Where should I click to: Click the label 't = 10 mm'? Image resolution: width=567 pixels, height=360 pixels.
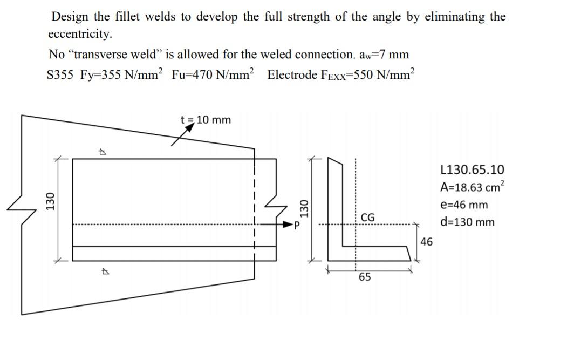click(205, 119)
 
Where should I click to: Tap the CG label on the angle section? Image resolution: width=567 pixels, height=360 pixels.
click(367, 218)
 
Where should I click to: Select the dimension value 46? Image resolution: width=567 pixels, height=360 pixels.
click(426, 242)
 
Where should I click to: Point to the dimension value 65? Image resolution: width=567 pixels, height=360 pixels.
click(365, 277)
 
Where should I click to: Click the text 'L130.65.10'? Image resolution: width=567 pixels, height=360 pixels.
click(472, 170)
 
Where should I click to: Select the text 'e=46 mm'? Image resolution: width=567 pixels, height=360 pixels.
click(464, 205)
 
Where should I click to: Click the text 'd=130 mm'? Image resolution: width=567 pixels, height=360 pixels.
click(467, 222)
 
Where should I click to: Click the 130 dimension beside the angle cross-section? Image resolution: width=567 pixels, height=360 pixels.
click(304, 207)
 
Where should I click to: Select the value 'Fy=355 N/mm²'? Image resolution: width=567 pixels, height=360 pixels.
click(121, 74)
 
